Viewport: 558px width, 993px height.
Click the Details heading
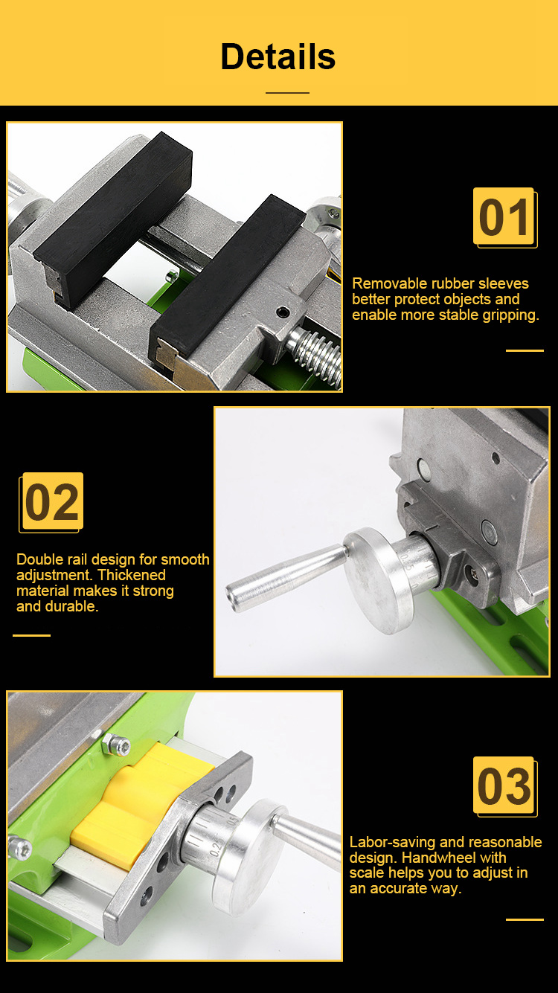[x=278, y=57]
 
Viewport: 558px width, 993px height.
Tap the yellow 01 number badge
[x=504, y=216]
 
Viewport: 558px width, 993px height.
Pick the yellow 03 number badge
[x=504, y=786]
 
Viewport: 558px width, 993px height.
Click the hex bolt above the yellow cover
[x=117, y=745]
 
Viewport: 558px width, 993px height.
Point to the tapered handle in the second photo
[x=286, y=576]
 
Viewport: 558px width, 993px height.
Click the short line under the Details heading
[x=287, y=93]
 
